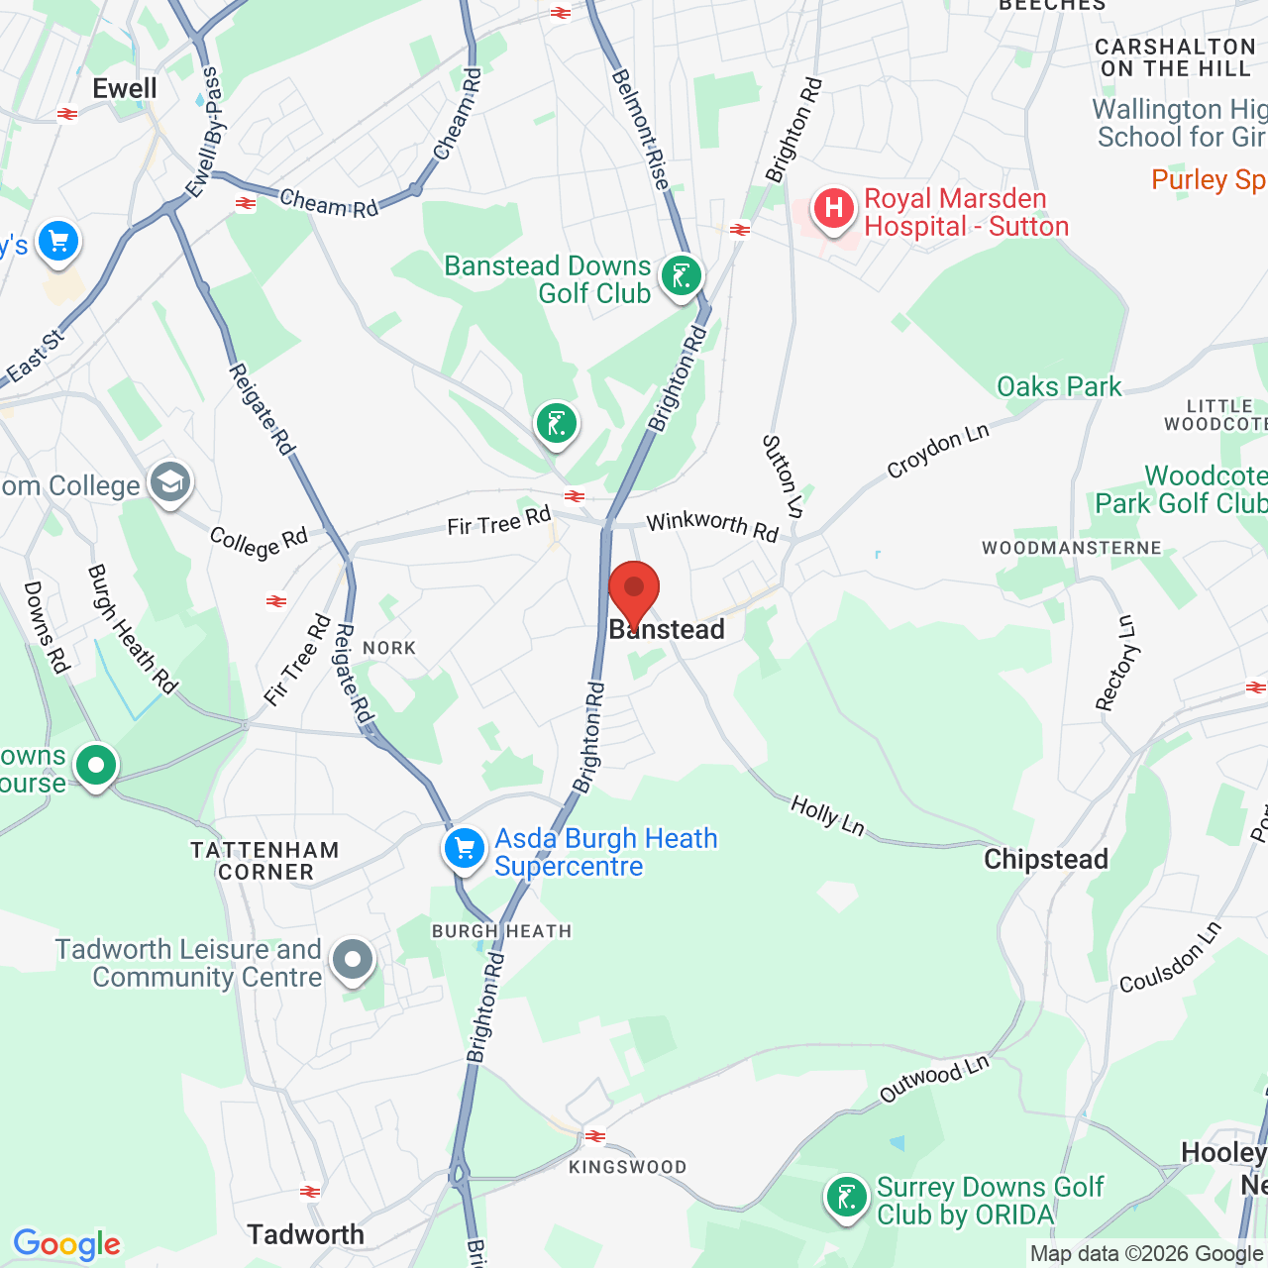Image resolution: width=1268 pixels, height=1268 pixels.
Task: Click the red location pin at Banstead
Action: tap(634, 591)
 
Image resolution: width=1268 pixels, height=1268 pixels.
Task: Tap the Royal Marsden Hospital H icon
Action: tap(834, 209)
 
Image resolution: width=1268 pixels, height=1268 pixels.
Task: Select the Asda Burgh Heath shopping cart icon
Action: tap(464, 848)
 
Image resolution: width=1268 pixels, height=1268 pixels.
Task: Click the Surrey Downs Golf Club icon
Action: tap(847, 1198)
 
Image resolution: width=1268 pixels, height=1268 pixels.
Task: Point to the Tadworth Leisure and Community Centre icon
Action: tap(353, 959)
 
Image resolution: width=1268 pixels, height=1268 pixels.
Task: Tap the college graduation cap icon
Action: tap(170, 482)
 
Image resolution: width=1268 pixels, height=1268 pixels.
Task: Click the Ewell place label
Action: tap(125, 88)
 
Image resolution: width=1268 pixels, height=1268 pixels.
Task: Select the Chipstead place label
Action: tap(1046, 859)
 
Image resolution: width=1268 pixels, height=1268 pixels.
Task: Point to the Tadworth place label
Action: tap(306, 1234)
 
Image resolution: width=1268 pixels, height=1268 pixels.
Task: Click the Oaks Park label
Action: tap(1059, 386)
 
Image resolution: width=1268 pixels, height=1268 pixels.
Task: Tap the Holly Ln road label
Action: tap(827, 815)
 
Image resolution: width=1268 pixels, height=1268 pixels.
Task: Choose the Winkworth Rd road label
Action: tap(712, 525)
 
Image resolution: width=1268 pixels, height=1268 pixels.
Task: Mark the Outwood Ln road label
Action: tap(934, 1078)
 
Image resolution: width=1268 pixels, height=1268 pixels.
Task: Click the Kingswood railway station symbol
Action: tap(595, 1136)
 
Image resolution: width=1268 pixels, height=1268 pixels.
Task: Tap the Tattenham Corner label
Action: tap(265, 861)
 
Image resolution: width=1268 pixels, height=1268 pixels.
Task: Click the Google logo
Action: tap(67, 1244)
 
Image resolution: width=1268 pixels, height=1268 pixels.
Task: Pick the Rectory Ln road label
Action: tap(1116, 663)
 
